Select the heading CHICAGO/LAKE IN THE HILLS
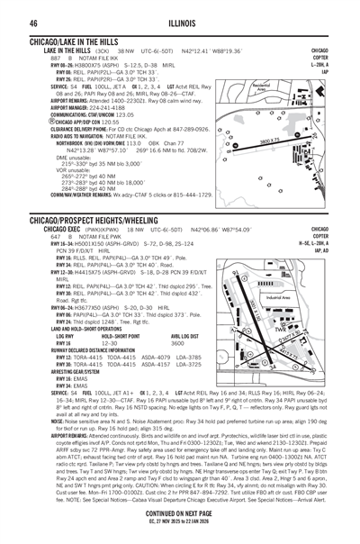click(76, 42)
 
